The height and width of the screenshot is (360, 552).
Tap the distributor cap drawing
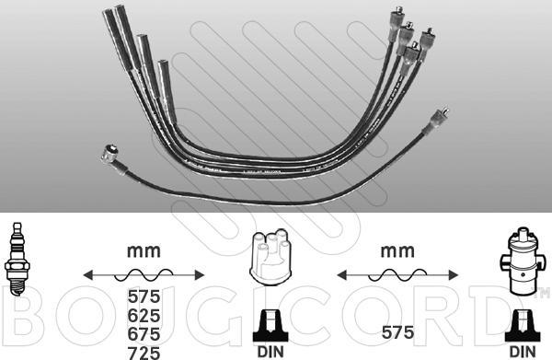pyautogui.click(x=270, y=255)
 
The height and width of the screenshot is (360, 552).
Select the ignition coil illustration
pyautogui.click(x=522, y=261)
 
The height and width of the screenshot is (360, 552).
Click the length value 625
pyautogui.click(x=144, y=316)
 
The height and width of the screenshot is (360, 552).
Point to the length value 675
pyautogui.click(x=144, y=334)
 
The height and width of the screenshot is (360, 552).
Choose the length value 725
pyautogui.click(x=144, y=353)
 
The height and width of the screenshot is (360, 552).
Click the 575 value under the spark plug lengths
pyautogui.click(x=144, y=296)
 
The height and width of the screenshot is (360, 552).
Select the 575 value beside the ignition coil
pyautogui.click(x=397, y=332)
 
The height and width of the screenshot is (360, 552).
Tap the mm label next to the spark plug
pyautogui.click(x=144, y=251)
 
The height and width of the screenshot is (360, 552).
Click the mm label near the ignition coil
pyautogui.click(x=397, y=251)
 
